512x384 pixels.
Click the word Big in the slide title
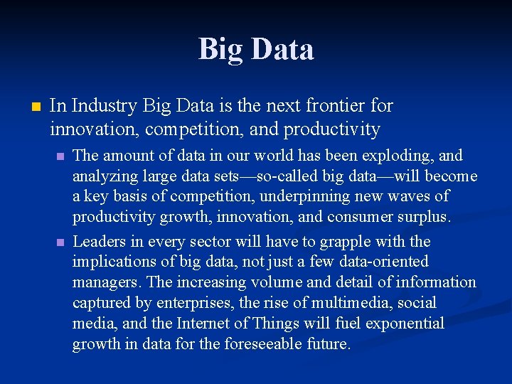pos(220,50)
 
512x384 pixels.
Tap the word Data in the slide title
pos(281,50)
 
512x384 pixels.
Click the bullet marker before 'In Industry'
pos(35,107)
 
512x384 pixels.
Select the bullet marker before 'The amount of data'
pos(61,156)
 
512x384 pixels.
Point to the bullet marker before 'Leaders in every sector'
pos(61,242)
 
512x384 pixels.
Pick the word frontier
pos(337,107)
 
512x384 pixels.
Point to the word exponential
pos(405,324)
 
